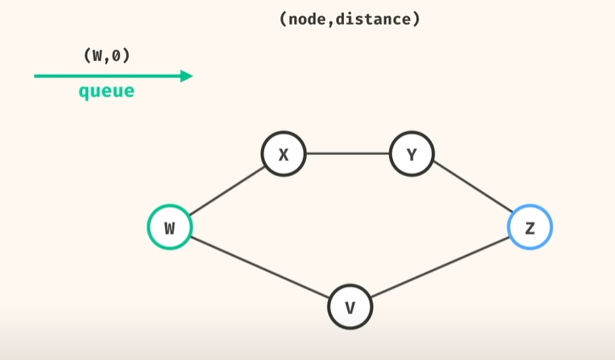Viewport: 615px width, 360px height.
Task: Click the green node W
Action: [169, 227]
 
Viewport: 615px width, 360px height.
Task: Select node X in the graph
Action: [283, 155]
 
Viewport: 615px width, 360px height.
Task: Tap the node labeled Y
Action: [412, 155]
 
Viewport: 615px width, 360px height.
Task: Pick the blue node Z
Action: [530, 227]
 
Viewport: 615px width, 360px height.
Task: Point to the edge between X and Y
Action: [347, 155]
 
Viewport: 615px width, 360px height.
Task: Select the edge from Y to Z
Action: [471, 191]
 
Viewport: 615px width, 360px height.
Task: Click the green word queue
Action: [107, 91]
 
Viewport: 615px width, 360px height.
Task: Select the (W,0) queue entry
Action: [107, 57]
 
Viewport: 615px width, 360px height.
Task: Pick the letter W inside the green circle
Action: [169, 228]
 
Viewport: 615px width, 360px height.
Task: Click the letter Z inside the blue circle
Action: [530, 228]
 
